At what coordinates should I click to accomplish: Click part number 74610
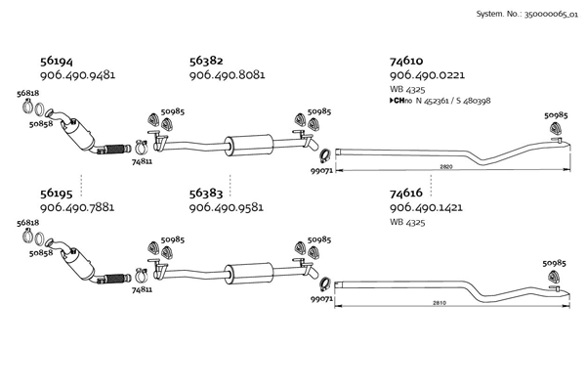[x=406, y=61]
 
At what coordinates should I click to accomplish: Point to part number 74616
[x=406, y=194]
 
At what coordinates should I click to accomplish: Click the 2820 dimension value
[x=446, y=167]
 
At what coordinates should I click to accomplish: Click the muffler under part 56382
[x=246, y=141]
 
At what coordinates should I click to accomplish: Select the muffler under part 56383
[x=246, y=275]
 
